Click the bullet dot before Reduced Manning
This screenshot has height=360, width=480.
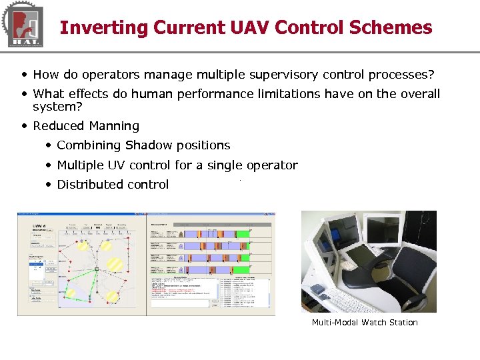(25, 126)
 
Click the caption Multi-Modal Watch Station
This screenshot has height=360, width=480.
(365, 323)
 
